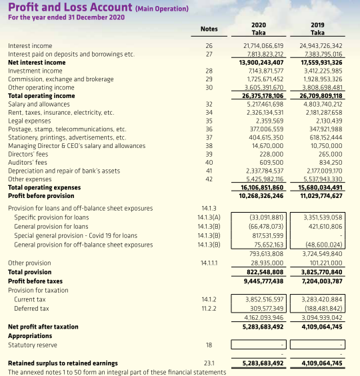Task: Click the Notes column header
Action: click(x=209, y=29)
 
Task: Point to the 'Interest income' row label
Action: click(x=30, y=46)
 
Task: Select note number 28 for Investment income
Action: click(x=209, y=70)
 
